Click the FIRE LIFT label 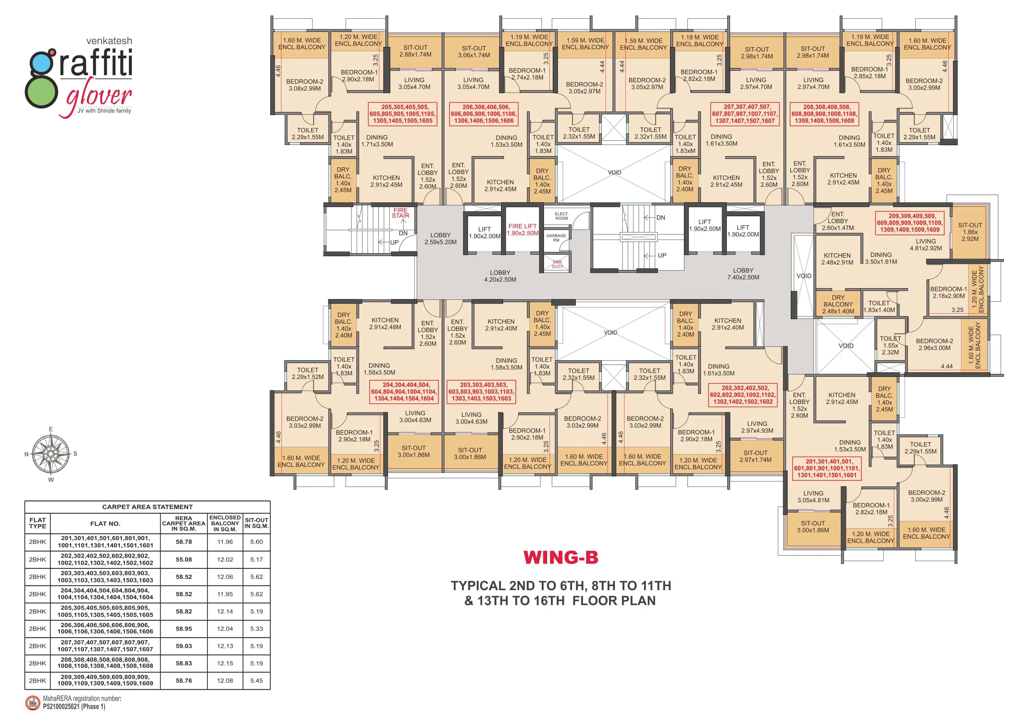pyautogui.click(x=522, y=230)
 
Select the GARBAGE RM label pyautogui.click(x=556, y=238)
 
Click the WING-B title pyautogui.click(x=561, y=557)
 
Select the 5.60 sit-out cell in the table pyautogui.click(x=256, y=542)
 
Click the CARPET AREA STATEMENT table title pyautogui.click(x=147, y=507)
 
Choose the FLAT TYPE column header pyautogui.click(x=38, y=523)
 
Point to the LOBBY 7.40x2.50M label pyautogui.click(x=743, y=274)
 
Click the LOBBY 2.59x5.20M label pyautogui.click(x=440, y=239)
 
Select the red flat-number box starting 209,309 pyautogui.click(x=909, y=223)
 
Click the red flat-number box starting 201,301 pyautogui.click(x=826, y=468)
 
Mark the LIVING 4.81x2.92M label pyautogui.click(x=925, y=244)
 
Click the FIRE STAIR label pyautogui.click(x=400, y=213)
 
